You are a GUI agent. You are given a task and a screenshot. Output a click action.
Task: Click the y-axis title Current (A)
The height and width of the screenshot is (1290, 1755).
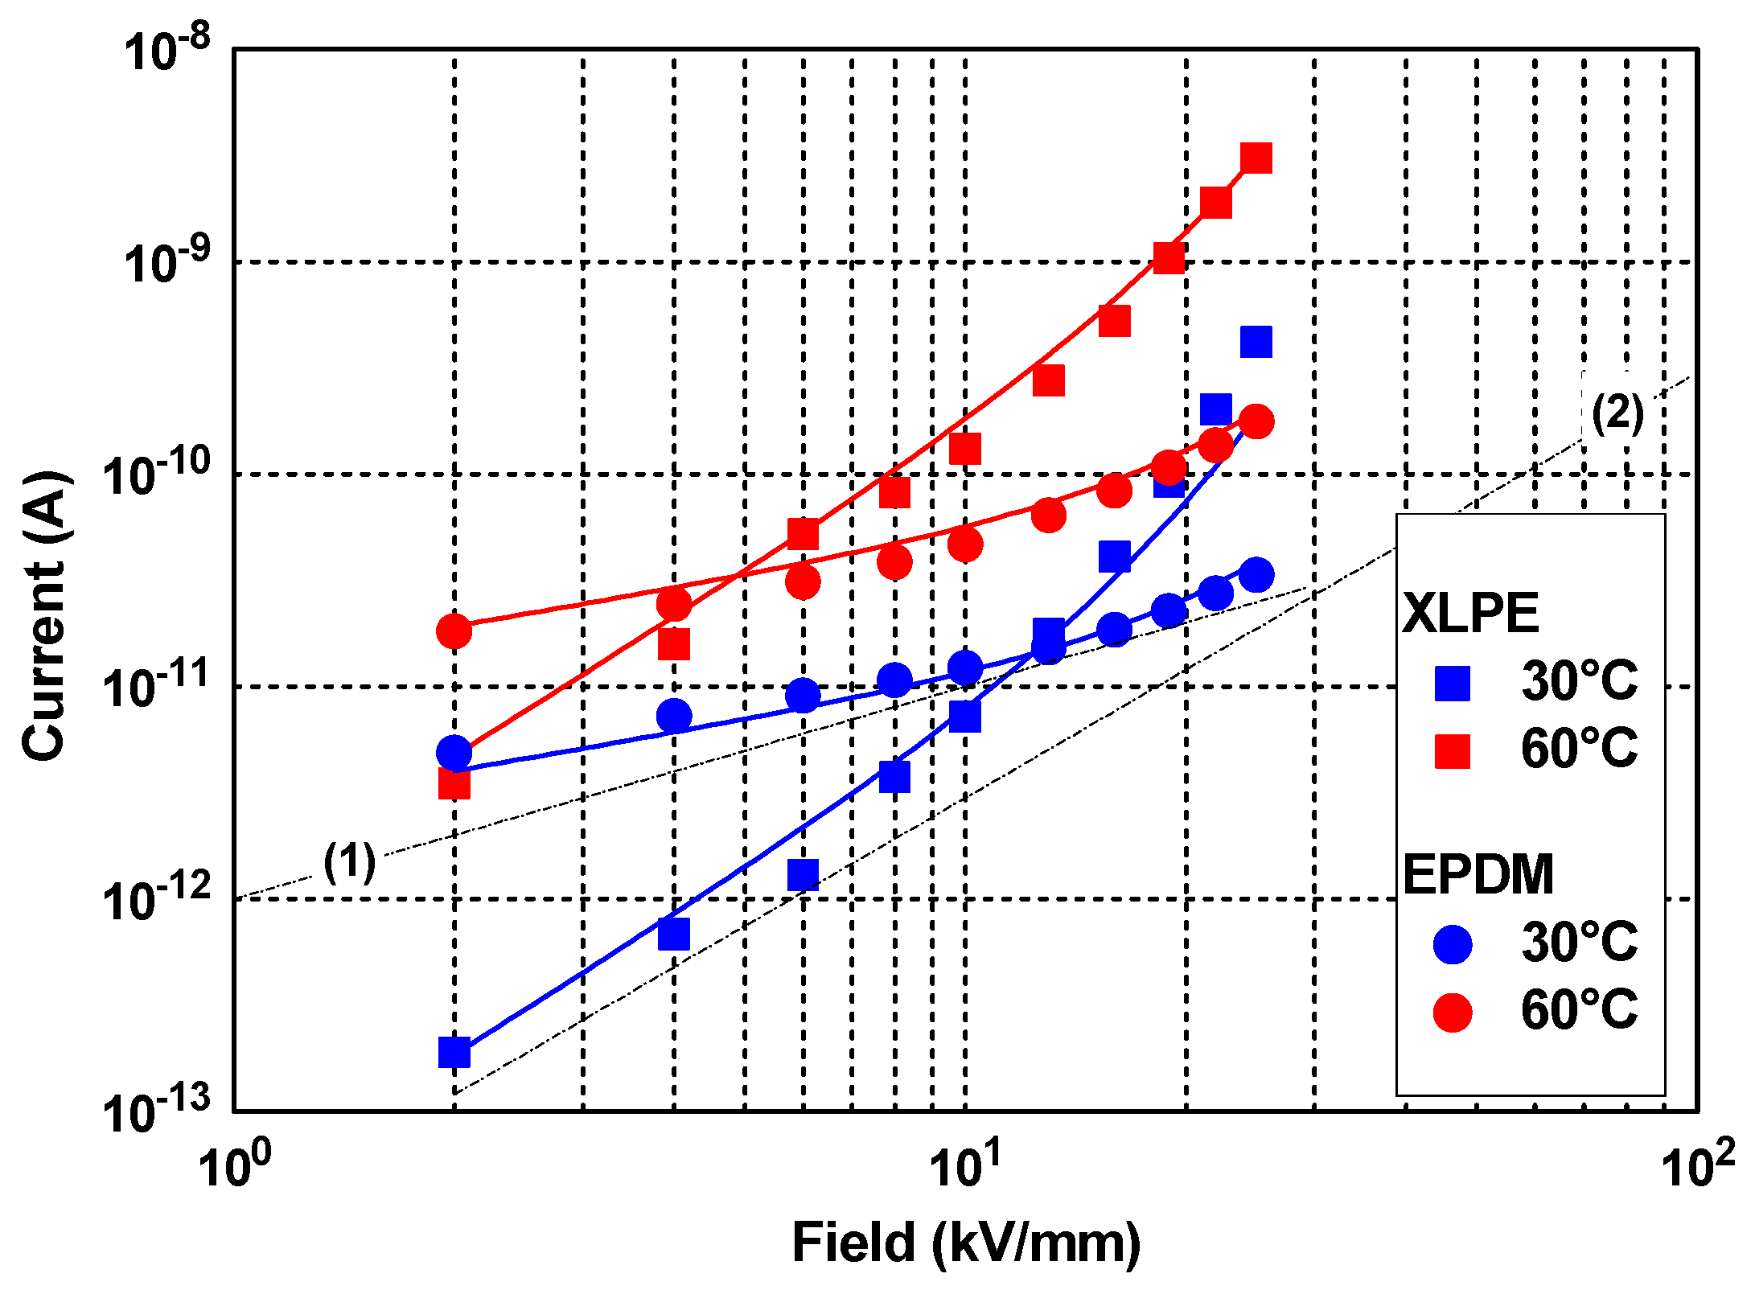(44, 615)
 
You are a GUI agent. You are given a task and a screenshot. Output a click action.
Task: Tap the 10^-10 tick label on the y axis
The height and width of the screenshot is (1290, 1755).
(157, 474)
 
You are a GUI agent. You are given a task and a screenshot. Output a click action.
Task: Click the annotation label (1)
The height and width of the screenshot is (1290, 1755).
(349, 862)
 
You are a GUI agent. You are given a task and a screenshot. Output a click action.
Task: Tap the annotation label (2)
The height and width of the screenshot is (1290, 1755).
(1617, 414)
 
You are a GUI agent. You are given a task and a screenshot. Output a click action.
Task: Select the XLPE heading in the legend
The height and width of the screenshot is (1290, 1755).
(1470, 614)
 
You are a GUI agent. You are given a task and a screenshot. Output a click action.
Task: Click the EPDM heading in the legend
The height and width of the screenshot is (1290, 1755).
(1478, 874)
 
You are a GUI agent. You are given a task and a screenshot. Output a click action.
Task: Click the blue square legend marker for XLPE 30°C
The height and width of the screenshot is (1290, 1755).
(1453, 683)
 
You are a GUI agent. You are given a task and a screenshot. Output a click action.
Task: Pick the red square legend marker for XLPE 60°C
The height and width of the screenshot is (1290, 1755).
(1453, 750)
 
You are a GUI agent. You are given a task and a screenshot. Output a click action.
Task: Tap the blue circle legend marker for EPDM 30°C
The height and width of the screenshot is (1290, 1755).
(1453, 943)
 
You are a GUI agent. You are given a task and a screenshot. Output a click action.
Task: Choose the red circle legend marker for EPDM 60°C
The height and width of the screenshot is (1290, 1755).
(1453, 1011)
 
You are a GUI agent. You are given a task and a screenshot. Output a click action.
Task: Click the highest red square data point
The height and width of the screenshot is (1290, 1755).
(1256, 158)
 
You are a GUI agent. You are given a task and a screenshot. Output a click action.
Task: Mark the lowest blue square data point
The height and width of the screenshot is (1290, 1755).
(454, 1051)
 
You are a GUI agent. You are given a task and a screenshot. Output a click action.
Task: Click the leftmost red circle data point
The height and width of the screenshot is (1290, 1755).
(454, 631)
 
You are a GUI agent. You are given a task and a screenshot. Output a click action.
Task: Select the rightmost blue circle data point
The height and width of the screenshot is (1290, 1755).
(1256, 575)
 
